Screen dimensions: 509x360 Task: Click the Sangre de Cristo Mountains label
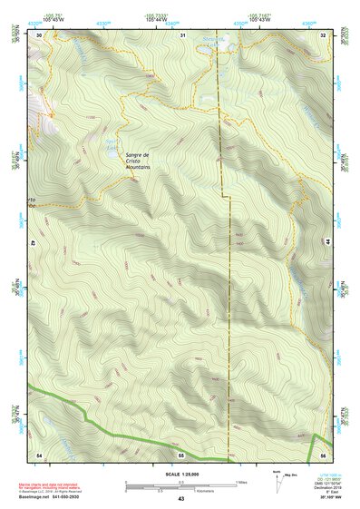point(137,162)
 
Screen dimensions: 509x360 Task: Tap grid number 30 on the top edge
point(39,34)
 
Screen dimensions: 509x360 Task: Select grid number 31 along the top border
point(182,34)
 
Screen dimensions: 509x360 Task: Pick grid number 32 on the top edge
point(324,34)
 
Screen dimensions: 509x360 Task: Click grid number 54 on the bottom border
point(39,453)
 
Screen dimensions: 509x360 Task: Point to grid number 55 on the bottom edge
point(180,454)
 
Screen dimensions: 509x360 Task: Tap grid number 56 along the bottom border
point(323,453)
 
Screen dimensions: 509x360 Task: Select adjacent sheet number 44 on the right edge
point(327,243)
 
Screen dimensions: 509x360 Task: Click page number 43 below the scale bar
point(180,499)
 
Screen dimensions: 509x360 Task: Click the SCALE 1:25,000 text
point(180,474)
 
